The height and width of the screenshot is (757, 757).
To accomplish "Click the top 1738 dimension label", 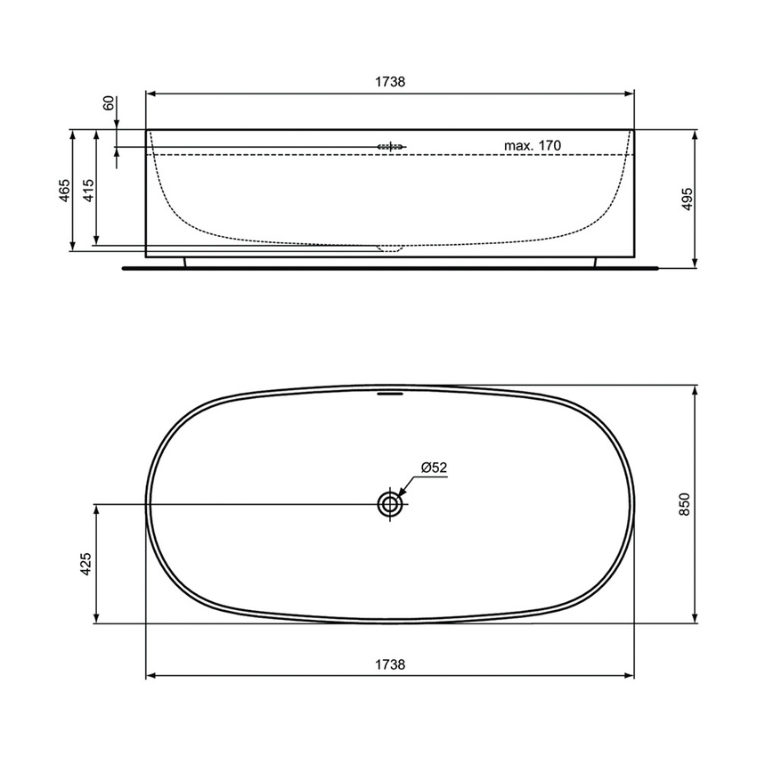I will click(x=390, y=81).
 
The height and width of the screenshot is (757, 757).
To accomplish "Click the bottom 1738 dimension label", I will click(x=390, y=664).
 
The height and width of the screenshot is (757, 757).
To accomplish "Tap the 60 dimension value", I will click(x=110, y=103).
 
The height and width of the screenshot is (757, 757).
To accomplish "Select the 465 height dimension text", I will click(x=64, y=191).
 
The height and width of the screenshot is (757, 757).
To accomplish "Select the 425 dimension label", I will click(x=85, y=564).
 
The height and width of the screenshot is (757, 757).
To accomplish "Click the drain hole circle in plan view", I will click(x=390, y=504).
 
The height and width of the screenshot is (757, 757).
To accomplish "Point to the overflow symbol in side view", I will click(x=391, y=146).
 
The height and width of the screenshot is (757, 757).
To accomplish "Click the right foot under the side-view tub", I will click(x=595, y=261).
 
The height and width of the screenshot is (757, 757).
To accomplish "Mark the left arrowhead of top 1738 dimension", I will click(x=151, y=92).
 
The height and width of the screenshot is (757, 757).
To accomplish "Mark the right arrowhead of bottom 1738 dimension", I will click(x=629, y=675).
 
